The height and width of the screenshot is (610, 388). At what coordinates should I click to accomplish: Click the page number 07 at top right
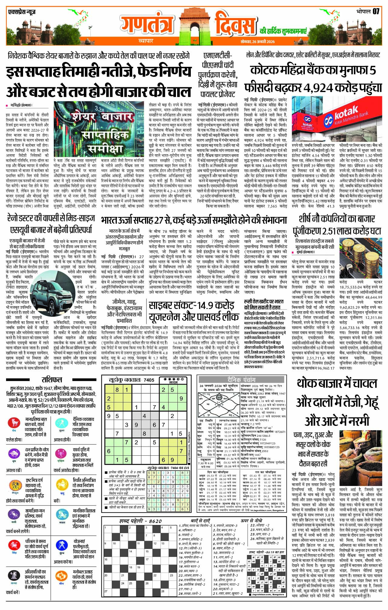(376, 12)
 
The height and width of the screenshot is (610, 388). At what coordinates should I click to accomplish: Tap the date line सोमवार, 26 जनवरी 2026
(258, 42)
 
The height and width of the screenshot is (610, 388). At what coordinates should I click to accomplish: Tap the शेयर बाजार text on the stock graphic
(103, 117)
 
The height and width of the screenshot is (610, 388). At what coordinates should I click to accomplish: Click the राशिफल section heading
(52, 380)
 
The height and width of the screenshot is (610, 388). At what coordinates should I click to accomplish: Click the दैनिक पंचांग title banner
(241, 379)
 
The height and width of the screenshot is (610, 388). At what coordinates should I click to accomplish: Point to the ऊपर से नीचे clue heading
(251, 521)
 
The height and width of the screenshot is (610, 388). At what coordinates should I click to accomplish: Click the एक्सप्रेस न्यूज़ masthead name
(22, 12)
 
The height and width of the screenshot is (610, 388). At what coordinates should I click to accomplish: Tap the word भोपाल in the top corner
(363, 12)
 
